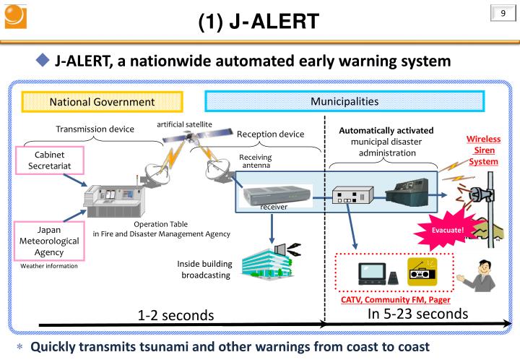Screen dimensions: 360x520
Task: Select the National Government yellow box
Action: click(x=102, y=102)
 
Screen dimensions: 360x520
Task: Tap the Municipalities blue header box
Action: click(x=344, y=101)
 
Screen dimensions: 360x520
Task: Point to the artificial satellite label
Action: click(x=185, y=124)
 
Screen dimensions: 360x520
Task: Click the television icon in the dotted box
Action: click(x=374, y=273)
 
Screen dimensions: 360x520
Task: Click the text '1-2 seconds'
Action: click(x=176, y=315)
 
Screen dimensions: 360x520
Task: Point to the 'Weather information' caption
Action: click(x=49, y=266)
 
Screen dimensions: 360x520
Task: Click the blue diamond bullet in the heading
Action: click(x=43, y=60)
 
